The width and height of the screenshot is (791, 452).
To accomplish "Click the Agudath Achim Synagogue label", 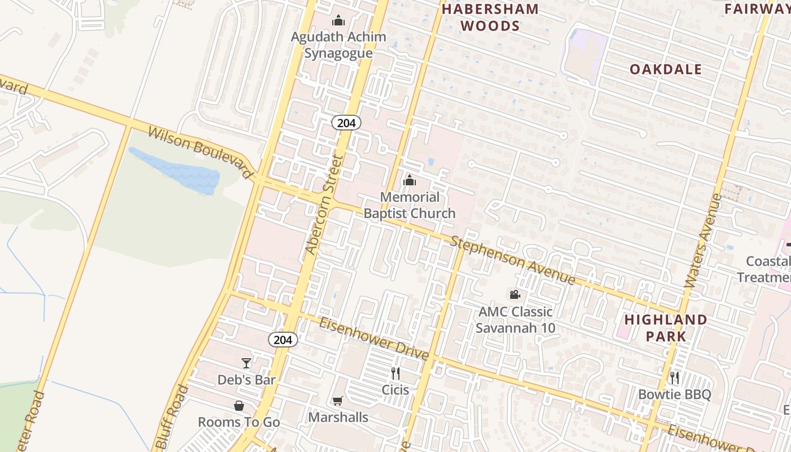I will click(338, 45).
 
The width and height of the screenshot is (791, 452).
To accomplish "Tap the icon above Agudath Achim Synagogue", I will click(338, 21).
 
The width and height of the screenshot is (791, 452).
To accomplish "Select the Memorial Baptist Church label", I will click(409, 205).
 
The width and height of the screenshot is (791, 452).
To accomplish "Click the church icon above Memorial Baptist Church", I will click(410, 181).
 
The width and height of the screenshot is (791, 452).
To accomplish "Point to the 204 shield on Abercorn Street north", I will click(346, 123).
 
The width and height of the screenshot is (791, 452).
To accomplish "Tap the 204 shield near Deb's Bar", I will click(282, 339).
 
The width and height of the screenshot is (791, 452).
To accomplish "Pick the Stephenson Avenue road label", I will click(513, 260).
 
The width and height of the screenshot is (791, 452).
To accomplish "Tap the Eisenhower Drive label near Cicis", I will click(374, 338).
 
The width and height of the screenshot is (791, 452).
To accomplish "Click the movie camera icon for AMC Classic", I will click(515, 294).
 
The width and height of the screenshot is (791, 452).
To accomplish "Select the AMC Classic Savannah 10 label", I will click(515, 320).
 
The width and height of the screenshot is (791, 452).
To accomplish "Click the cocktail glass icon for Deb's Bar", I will click(246, 363).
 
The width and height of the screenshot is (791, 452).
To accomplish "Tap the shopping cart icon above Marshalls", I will click(337, 401).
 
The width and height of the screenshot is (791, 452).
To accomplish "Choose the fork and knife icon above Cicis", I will click(395, 373).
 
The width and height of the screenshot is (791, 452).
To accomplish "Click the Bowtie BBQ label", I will click(675, 394).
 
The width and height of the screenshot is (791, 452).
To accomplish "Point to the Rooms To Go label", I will click(239, 422).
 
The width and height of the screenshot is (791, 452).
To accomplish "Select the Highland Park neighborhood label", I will click(666, 328).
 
